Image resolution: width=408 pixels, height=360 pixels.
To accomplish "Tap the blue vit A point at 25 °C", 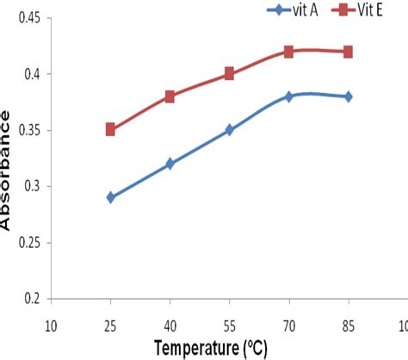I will [x=110, y=197].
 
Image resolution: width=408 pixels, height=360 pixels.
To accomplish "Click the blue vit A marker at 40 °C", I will [x=170, y=164].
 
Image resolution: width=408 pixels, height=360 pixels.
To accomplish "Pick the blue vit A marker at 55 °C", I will [x=229, y=130].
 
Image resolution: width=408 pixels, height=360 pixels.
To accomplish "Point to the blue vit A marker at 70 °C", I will [x=288, y=96].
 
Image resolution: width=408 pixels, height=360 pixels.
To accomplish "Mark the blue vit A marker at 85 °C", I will [x=348, y=96].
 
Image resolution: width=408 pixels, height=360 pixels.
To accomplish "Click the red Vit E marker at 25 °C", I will [x=110, y=129].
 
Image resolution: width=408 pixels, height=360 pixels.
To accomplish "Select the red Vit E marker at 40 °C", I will [x=170, y=96].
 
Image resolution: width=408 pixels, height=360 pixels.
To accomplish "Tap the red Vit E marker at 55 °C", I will [x=229, y=74].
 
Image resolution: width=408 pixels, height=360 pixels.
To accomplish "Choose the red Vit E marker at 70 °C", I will [x=288, y=52].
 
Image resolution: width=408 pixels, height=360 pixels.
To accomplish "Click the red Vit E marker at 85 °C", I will [x=348, y=52].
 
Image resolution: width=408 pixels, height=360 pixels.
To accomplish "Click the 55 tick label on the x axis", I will [x=229, y=326].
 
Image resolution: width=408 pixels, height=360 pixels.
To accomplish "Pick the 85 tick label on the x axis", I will [x=348, y=326].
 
